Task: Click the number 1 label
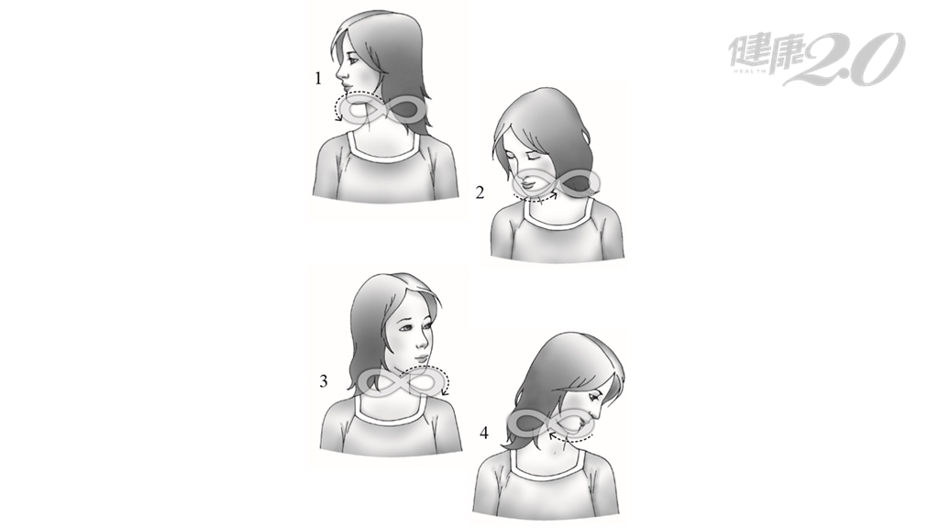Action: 318,78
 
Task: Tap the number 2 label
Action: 479,192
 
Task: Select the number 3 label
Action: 324,380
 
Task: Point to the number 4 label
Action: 484,433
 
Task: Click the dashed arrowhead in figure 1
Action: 339,118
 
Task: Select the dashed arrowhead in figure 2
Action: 555,193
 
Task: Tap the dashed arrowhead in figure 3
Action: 445,392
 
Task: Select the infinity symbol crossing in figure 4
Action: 551,423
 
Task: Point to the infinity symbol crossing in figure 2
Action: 557,182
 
